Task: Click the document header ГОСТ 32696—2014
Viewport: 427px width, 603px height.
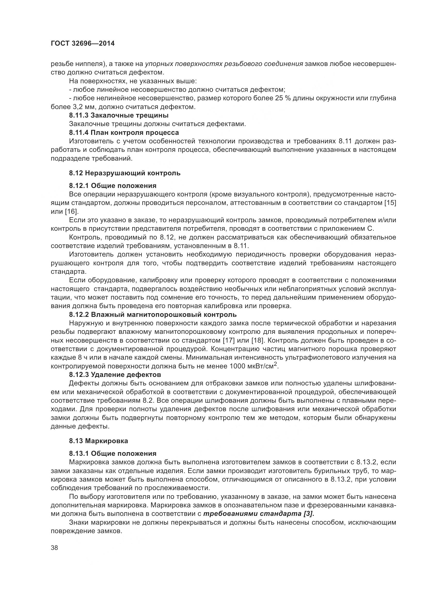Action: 83,44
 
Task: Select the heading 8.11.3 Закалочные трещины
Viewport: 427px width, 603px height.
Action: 118,115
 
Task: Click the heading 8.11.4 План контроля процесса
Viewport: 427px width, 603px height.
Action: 124,132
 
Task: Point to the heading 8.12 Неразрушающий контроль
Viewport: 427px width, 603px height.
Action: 125,173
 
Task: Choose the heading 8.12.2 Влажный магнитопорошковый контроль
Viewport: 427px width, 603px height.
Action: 153,314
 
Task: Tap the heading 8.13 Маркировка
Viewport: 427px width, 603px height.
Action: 98,441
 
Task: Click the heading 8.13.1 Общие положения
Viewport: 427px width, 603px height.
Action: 113,453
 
